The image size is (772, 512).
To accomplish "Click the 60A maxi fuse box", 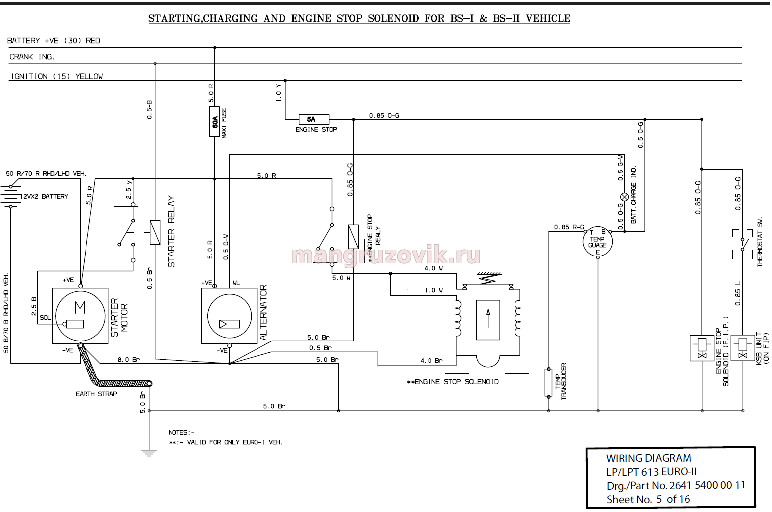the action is [214, 122].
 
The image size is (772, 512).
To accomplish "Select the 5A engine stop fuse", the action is [314, 119].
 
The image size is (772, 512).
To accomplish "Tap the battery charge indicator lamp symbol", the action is [624, 197].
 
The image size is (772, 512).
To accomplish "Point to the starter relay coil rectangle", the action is [155, 232].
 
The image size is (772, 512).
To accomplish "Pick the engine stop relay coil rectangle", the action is [353, 237].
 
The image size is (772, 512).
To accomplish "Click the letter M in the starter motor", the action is [80, 306].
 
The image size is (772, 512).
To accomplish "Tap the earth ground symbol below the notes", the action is [149, 453].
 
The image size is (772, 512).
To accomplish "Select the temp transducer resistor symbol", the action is [548, 382].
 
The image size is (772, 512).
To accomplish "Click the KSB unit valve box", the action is [743, 348].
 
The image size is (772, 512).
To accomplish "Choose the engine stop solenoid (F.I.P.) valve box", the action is [702, 348].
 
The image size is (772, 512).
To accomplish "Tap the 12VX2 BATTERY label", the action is [44, 196].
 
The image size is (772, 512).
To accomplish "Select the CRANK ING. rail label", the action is [32, 57].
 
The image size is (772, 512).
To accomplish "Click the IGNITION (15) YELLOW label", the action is [57, 76].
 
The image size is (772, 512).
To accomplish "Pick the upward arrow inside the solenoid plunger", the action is [488, 318].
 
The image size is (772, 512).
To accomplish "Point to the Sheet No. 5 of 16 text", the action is [648, 499].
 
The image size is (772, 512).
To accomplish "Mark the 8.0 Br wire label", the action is [129, 360].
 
